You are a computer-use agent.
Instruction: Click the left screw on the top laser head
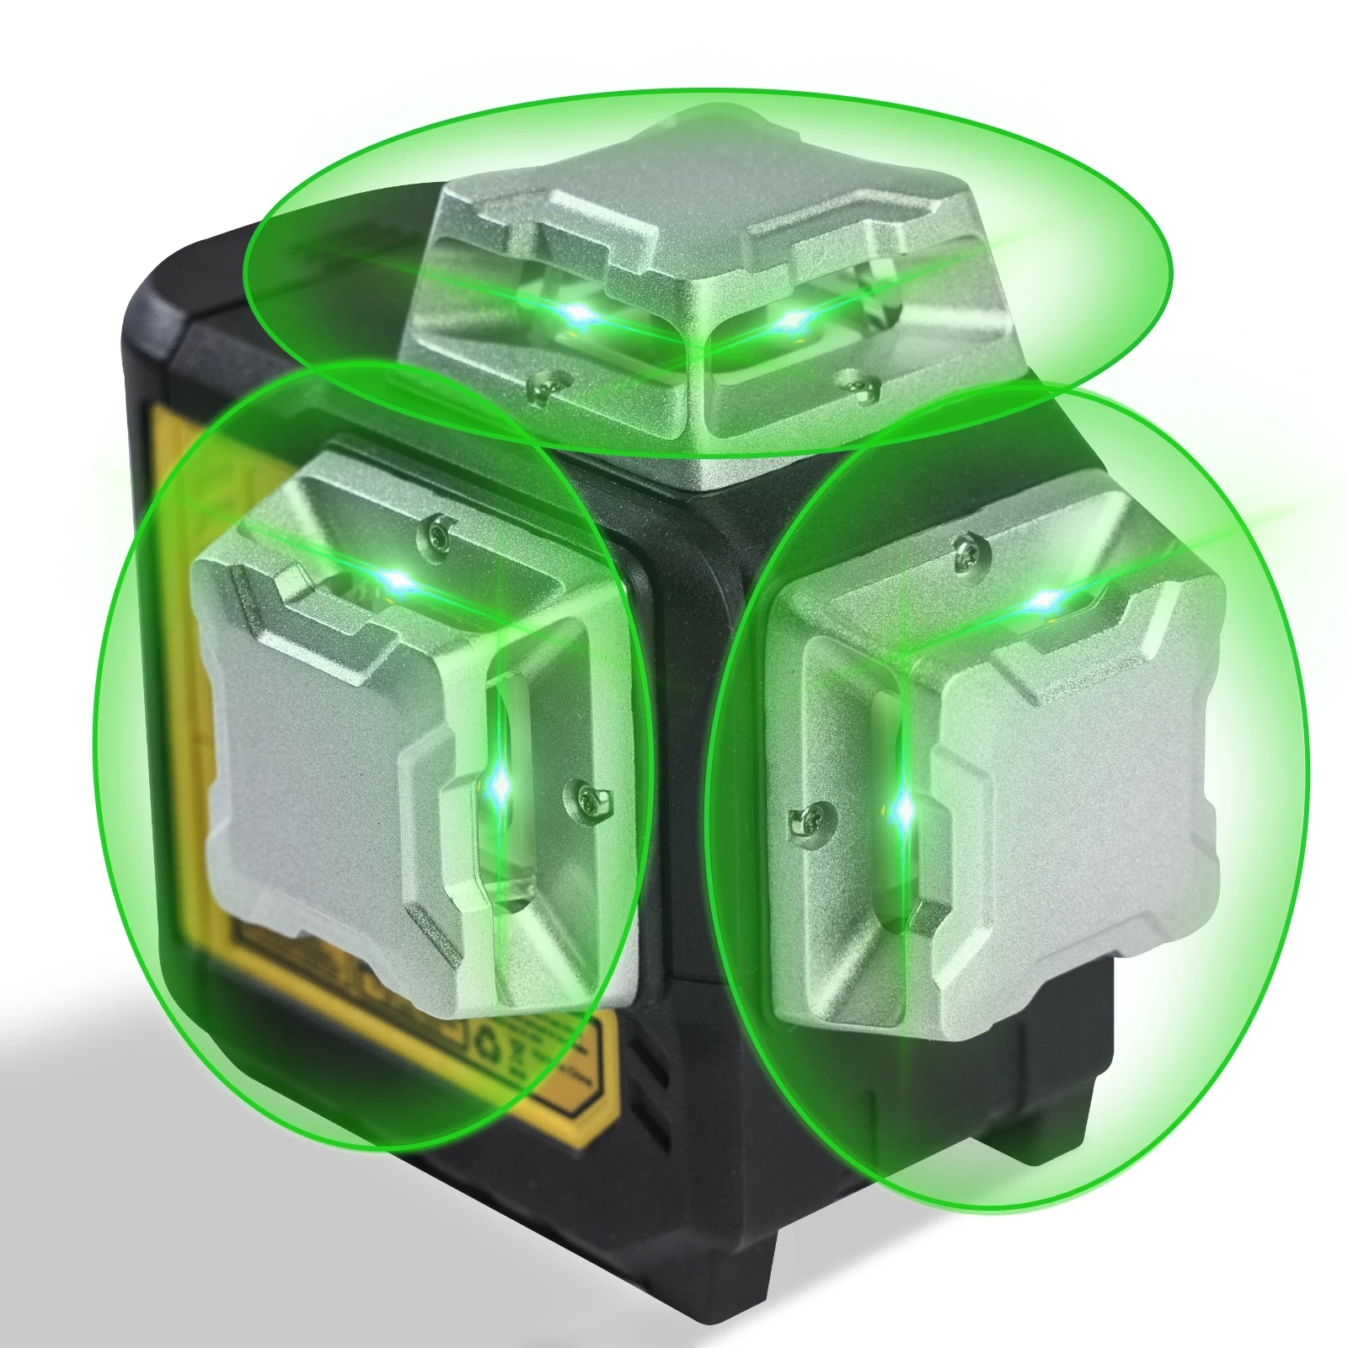point(542,387)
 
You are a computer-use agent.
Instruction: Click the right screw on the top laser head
point(858,384)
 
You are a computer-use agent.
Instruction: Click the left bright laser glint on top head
point(579,316)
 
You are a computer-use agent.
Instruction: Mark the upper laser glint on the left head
point(396,580)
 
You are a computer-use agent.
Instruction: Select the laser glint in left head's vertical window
point(500,786)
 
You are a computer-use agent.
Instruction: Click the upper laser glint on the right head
point(1045,601)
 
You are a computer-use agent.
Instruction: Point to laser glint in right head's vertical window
point(904,810)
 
